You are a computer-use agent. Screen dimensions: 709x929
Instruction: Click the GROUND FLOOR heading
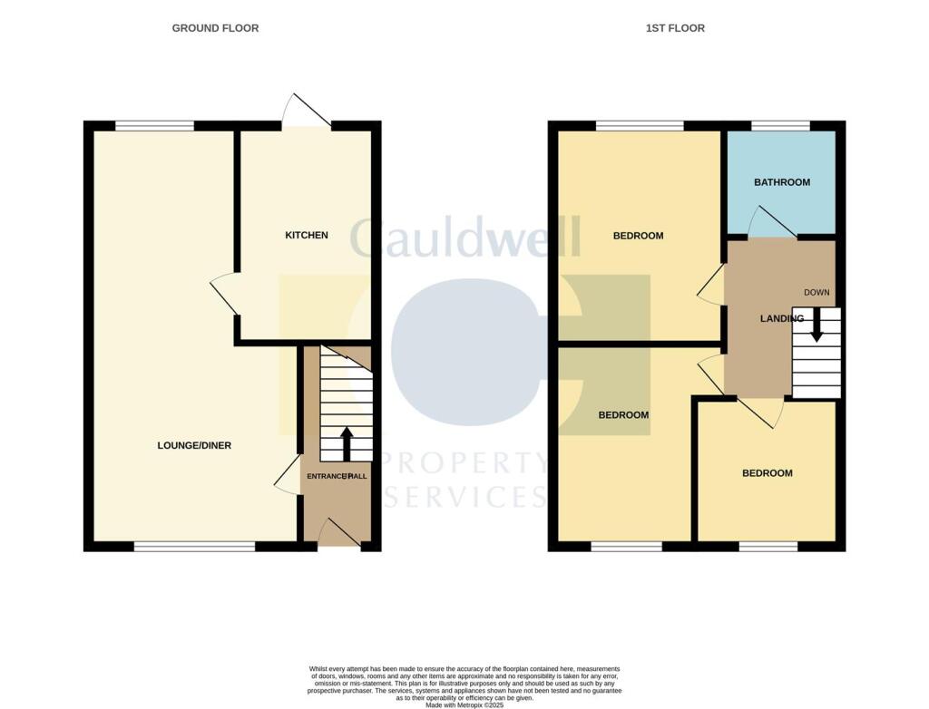point(215,28)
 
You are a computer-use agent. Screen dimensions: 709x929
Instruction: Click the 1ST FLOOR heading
point(675,28)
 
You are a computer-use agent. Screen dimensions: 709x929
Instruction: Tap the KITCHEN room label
point(307,235)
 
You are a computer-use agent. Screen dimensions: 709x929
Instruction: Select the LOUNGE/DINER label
point(194,445)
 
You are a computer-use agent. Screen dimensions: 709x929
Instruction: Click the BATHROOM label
point(782,182)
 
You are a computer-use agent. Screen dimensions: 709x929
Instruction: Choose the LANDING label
point(781,318)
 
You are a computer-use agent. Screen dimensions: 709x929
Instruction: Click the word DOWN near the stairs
point(817,292)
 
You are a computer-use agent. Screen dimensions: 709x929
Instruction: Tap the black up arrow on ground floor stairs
point(346,442)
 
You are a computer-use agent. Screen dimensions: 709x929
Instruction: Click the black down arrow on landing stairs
point(817,325)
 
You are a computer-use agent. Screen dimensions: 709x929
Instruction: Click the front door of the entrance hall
point(336,534)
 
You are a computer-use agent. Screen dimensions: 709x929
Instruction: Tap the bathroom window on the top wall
point(780,125)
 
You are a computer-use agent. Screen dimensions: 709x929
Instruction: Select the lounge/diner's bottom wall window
point(194,547)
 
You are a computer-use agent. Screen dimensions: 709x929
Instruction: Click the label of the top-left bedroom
point(638,236)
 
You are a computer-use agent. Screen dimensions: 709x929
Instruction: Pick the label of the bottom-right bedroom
point(767,473)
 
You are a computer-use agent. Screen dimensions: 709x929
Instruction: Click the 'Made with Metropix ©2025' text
point(464,704)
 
